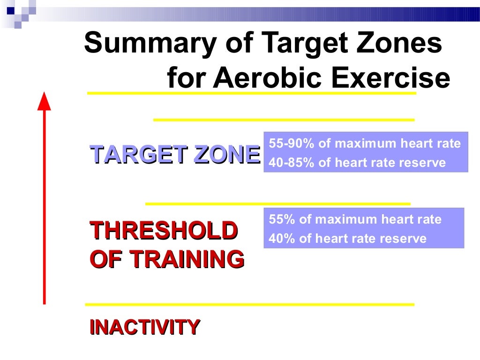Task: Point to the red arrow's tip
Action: (x=44, y=95)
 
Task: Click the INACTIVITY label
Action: (x=145, y=327)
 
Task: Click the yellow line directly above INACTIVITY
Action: (x=249, y=305)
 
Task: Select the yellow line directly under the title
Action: (x=252, y=93)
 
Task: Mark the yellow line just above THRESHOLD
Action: (x=278, y=204)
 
